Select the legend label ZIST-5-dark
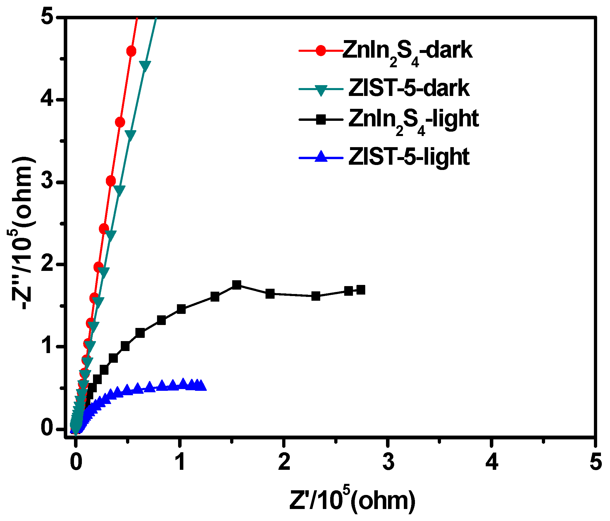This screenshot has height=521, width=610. coord(409,88)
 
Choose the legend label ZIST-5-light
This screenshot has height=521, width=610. coord(409,157)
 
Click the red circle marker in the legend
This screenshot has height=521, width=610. coord(321,51)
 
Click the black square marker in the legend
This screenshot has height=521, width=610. coord(321,120)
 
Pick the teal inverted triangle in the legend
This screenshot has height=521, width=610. coord(321,90)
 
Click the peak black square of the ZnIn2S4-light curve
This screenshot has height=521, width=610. coord(237,285)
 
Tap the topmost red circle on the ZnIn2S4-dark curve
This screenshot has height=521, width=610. coord(131,51)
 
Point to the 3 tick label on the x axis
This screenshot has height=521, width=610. coord(388,462)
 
